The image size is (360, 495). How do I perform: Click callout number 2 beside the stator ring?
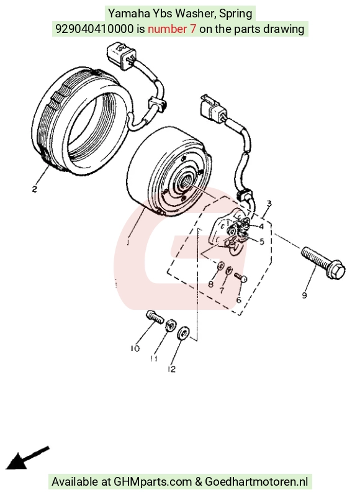click(34, 189)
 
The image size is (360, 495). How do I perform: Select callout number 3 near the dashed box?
click(269, 204)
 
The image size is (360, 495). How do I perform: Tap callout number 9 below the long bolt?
click(304, 296)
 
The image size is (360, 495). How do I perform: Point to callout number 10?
click(135, 348)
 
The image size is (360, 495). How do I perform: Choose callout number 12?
click(171, 369)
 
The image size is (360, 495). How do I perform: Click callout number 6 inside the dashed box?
click(238, 299)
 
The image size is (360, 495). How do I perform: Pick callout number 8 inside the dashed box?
click(211, 284)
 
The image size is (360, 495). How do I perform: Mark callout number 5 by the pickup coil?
click(261, 242)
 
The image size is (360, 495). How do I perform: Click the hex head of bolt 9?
click(336, 270)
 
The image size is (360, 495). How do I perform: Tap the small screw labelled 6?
click(240, 278)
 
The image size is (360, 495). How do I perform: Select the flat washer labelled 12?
click(183, 334)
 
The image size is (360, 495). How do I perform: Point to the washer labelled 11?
click(170, 325)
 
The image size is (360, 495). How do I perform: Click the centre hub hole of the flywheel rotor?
click(184, 181)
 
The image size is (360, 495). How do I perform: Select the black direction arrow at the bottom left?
click(27, 458)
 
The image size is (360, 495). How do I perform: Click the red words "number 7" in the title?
click(172, 29)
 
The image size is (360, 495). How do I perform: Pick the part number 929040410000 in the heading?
click(94, 29)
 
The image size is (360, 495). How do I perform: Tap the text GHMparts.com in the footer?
click(153, 482)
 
